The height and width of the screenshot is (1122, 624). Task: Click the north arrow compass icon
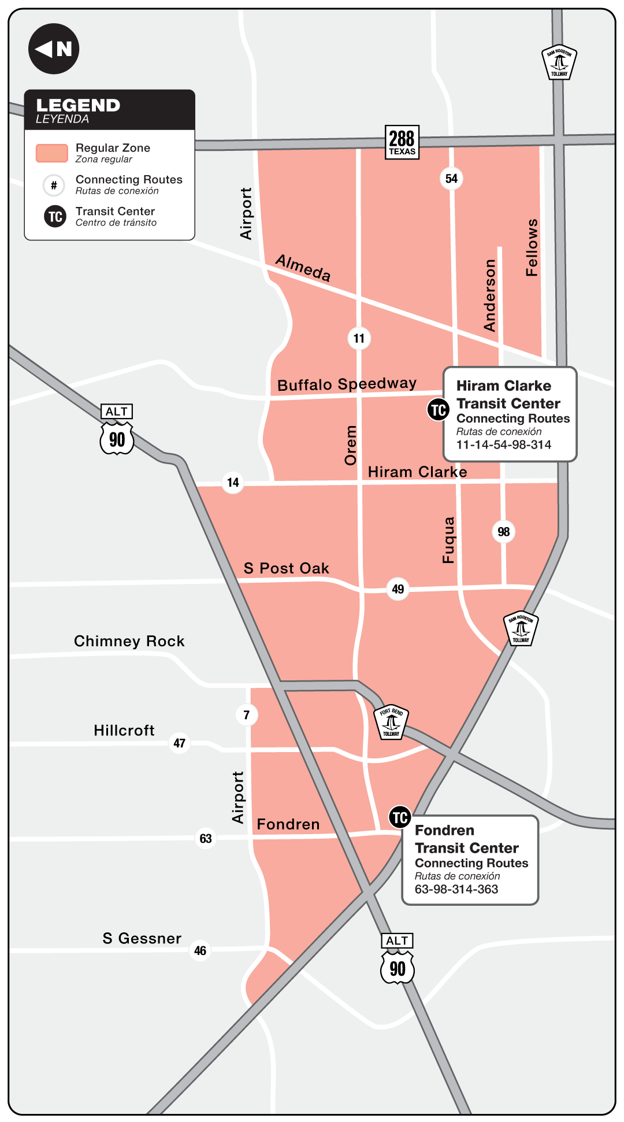54,49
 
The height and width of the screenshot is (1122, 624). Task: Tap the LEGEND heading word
78,105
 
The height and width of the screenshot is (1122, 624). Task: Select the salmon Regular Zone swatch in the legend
52,153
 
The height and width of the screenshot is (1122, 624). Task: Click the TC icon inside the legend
55,216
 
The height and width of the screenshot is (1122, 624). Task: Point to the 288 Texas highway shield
402,142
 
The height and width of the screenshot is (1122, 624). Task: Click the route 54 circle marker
451,179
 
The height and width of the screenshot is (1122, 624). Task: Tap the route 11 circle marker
359,338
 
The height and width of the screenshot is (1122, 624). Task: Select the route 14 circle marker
233,482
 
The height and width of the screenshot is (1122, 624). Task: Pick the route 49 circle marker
398,589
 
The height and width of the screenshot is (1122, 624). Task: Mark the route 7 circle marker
247,715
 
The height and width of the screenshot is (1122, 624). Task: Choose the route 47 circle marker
180,743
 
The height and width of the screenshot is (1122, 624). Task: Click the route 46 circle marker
200,951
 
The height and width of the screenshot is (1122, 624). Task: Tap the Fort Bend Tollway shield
391,722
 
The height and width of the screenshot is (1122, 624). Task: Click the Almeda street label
303,268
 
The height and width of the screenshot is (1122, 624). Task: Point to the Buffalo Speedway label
347,384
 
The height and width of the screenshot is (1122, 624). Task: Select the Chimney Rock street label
129,641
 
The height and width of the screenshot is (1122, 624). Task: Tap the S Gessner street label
142,938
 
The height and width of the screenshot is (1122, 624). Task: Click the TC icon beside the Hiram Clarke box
438,410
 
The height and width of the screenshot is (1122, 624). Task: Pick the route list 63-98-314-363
456,889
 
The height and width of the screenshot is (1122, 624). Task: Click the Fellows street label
532,247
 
